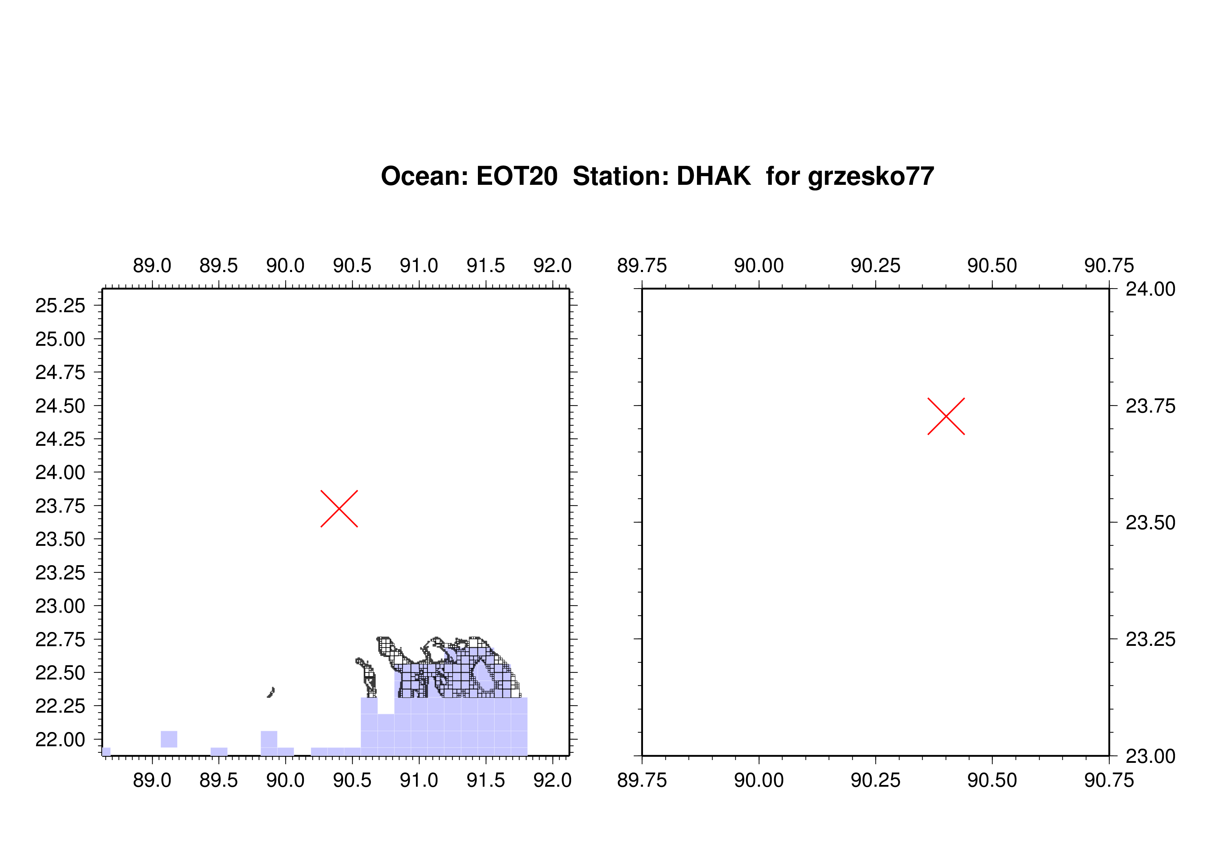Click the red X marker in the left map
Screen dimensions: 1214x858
pyautogui.click(x=339, y=508)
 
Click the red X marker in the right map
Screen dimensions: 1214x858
pyautogui.click(x=946, y=416)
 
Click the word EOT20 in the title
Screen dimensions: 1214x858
pyautogui.click(x=517, y=176)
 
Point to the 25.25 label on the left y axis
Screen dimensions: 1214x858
pyautogui.click(x=60, y=306)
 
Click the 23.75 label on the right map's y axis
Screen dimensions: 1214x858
pyautogui.click(x=1151, y=406)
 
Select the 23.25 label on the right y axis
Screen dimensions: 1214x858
pyautogui.click(x=1151, y=639)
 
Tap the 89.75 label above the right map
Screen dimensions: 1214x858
pyautogui.click(x=642, y=265)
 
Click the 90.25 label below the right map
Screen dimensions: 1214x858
pyautogui.click(x=875, y=780)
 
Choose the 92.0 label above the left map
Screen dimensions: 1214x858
pyautogui.click(x=553, y=265)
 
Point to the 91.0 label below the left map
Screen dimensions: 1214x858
pyautogui.click(x=419, y=780)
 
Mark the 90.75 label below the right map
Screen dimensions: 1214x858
pyautogui.click(x=1109, y=780)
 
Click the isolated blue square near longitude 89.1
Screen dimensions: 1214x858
pyautogui.click(x=169, y=739)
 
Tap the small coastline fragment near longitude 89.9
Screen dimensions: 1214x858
pyautogui.click(x=271, y=692)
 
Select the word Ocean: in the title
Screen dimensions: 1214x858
pyautogui.click(x=425, y=176)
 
